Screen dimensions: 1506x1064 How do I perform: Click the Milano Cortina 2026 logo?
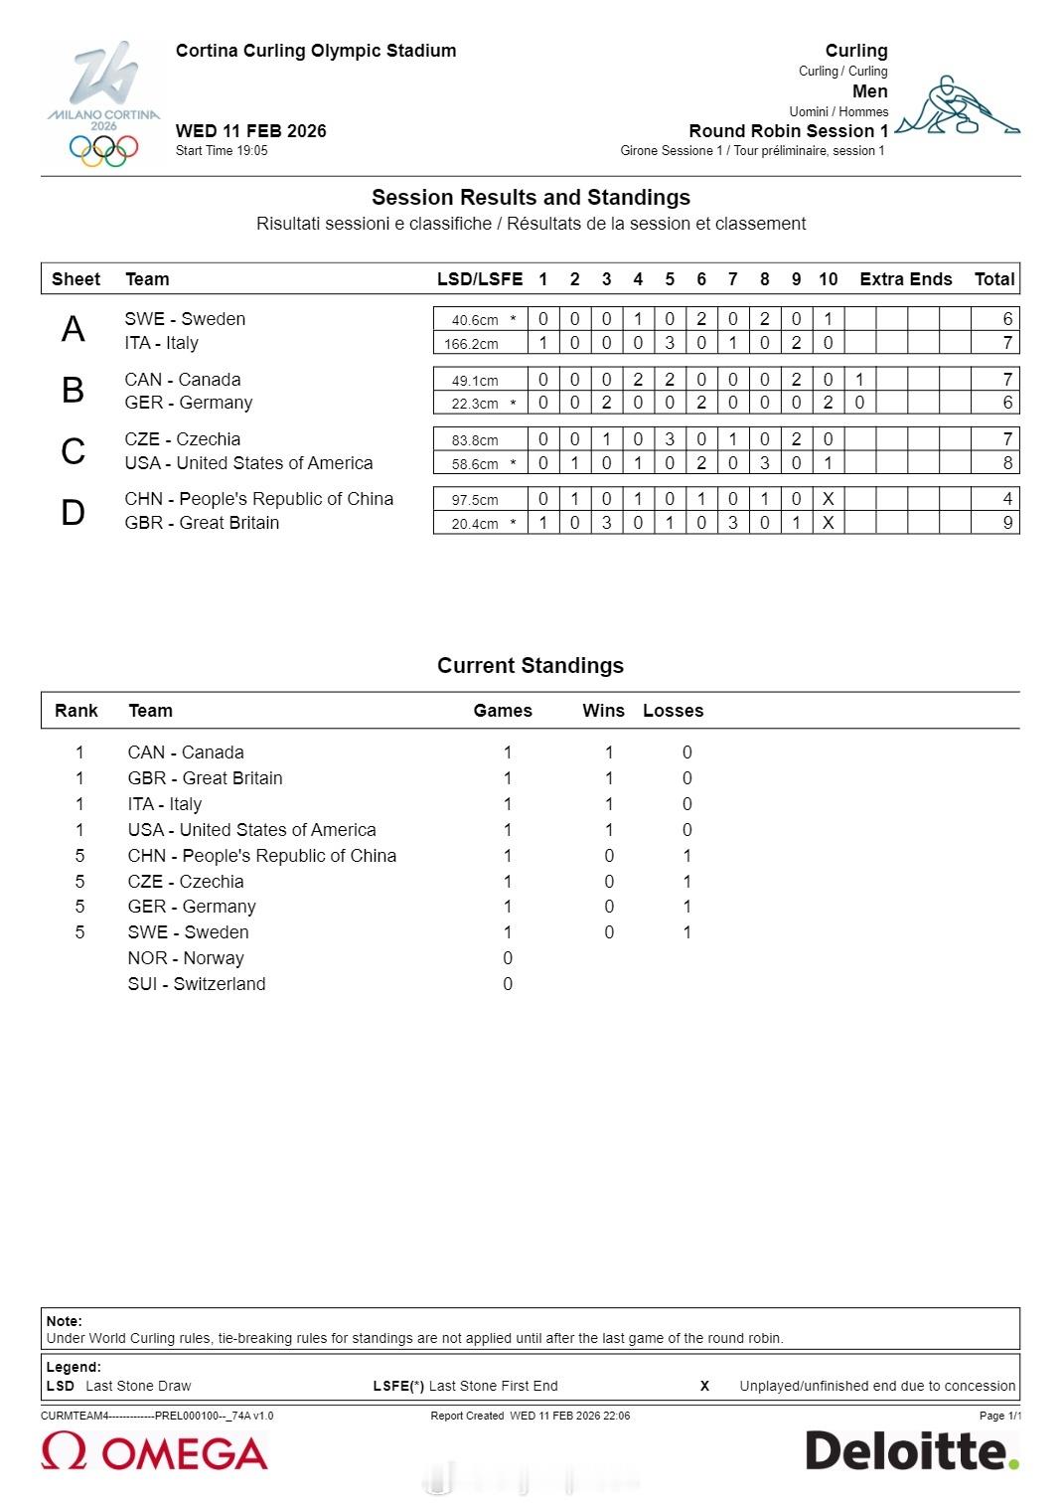point(103,103)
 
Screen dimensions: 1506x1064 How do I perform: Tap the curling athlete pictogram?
point(958,105)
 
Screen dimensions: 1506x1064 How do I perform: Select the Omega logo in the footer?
point(154,1452)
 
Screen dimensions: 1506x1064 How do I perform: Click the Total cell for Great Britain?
point(1007,523)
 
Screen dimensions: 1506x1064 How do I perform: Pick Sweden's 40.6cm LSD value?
point(475,320)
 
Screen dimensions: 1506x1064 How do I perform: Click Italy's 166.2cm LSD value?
point(471,344)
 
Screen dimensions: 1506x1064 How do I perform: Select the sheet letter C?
point(73,451)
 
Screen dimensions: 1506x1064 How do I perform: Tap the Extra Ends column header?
point(905,279)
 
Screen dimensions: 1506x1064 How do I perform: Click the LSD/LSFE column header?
point(480,279)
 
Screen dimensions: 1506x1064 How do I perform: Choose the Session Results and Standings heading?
point(531,198)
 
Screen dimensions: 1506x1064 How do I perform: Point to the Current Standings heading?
point(531,666)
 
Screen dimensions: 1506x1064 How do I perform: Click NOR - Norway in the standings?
point(186,958)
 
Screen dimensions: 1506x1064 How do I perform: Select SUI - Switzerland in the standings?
point(197,984)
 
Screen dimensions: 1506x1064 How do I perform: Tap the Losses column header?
point(673,711)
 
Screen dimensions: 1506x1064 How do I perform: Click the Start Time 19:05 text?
point(222,151)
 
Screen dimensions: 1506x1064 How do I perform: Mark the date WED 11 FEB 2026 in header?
point(250,131)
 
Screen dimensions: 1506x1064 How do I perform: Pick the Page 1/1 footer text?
point(998,1416)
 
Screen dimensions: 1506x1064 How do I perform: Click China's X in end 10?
point(828,499)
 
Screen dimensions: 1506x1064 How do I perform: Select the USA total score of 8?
point(1007,463)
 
